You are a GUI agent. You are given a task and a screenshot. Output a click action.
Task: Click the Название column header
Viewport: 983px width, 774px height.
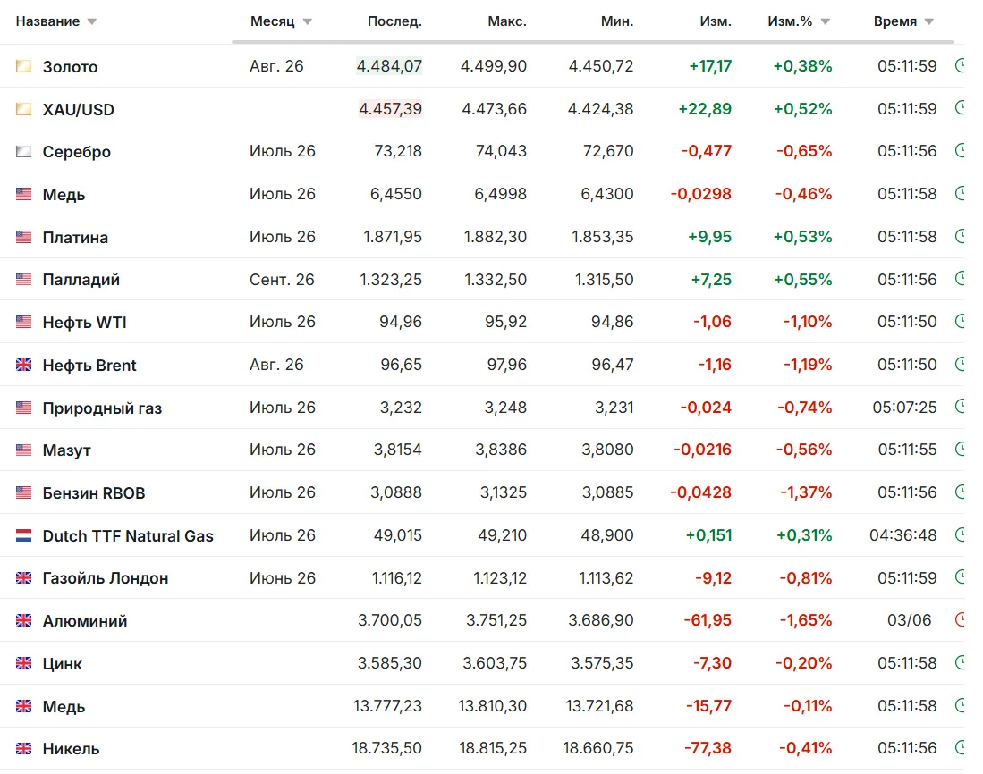[x=47, y=21]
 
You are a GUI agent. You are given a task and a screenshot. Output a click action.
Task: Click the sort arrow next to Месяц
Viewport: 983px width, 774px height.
[x=307, y=22]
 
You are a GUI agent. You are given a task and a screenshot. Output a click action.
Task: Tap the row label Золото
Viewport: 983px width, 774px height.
[x=70, y=66]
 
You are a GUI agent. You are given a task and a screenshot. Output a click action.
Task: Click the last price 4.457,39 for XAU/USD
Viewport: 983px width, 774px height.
[x=390, y=109]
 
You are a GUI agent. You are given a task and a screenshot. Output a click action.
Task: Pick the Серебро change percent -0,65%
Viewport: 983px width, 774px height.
[x=804, y=152]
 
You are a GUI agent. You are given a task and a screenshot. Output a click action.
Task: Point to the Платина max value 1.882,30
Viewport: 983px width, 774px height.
[x=496, y=237]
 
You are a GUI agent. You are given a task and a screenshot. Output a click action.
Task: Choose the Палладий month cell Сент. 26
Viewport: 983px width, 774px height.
[x=282, y=279]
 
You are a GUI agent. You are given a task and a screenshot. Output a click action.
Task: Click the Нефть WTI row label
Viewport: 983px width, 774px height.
[x=85, y=323]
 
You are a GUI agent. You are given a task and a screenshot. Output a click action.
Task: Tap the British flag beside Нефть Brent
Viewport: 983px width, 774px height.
[x=24, y=365]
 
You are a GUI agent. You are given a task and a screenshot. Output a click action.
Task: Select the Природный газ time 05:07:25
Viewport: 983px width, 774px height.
[x=904, y=408]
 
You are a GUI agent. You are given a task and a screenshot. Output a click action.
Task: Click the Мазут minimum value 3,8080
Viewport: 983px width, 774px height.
[x=607, y=450]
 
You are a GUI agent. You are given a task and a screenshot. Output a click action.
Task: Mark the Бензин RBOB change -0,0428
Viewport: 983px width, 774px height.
[x=701, y=492]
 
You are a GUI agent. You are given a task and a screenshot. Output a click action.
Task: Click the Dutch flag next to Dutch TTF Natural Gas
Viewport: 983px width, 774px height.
[x=24, y=535]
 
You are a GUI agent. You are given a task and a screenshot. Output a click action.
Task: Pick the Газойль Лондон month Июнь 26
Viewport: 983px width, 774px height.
[x=283, y=578]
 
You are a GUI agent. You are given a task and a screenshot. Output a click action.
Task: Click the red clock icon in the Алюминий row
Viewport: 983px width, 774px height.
[x=960, y=620]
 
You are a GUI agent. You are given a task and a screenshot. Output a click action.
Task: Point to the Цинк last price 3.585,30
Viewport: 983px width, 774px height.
[x=390, y=663]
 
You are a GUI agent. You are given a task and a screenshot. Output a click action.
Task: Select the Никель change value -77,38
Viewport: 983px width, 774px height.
[x=708, y=748]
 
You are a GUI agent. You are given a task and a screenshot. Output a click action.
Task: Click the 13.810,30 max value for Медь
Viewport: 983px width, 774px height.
[x=492, y=706]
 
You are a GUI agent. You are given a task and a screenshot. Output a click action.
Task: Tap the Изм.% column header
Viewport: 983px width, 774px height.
[x=790, y=21]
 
